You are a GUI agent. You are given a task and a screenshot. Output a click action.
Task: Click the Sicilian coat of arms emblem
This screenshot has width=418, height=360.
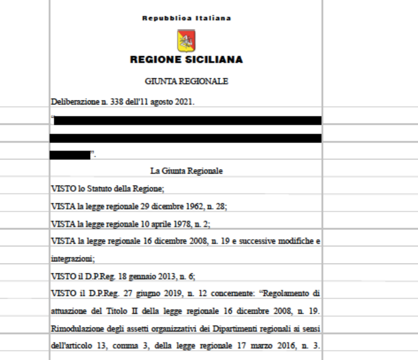click(186, 40)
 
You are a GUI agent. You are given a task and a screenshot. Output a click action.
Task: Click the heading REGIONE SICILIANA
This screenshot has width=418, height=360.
click(186, 60)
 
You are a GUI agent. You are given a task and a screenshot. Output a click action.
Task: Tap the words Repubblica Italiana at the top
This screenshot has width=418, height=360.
click(186, 19)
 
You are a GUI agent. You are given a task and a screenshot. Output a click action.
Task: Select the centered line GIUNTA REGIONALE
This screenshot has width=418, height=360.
click(186, 81)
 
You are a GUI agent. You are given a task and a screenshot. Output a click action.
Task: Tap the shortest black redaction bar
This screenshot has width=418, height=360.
click(70, 155)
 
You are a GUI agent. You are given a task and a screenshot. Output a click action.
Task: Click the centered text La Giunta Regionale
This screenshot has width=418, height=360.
click(186, 171)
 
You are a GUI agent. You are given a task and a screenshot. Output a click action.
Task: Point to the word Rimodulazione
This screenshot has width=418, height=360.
click(74, 329)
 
